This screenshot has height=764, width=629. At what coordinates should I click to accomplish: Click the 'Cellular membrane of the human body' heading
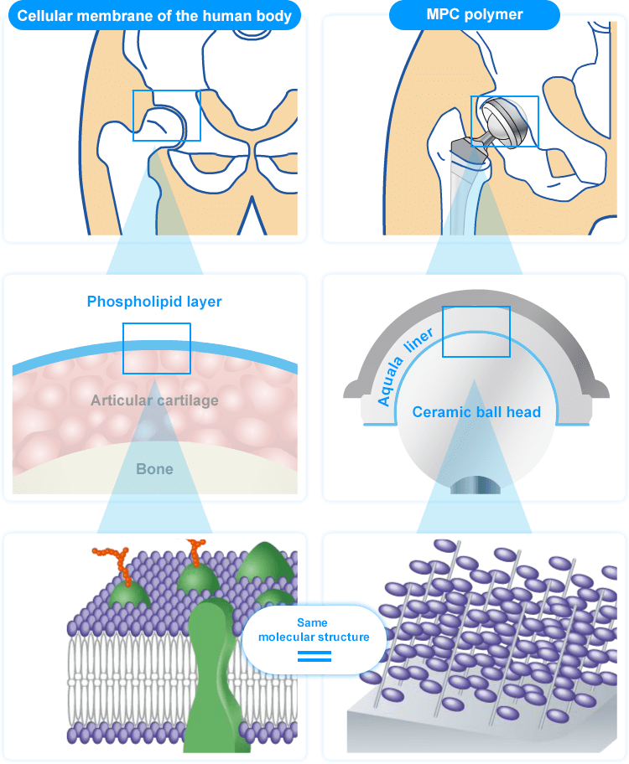(155, 15)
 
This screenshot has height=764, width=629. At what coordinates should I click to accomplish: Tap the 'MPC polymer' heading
(475, 15)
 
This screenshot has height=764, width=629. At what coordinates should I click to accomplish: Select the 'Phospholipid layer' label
(154, 302)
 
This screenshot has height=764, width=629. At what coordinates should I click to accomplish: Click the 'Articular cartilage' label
(154, 400)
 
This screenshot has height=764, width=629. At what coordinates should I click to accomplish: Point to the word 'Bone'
(154, 469)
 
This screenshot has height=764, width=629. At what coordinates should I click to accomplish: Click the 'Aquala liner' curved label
(403, 369)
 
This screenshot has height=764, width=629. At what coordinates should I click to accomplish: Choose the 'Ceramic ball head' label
(476, 412)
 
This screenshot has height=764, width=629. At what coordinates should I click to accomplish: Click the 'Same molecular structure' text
(313, 631)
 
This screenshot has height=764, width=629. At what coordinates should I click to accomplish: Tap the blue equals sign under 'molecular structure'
(314, 656)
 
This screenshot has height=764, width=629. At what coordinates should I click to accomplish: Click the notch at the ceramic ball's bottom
(476, 484)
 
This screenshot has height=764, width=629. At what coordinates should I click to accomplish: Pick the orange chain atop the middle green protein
(196, 553)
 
